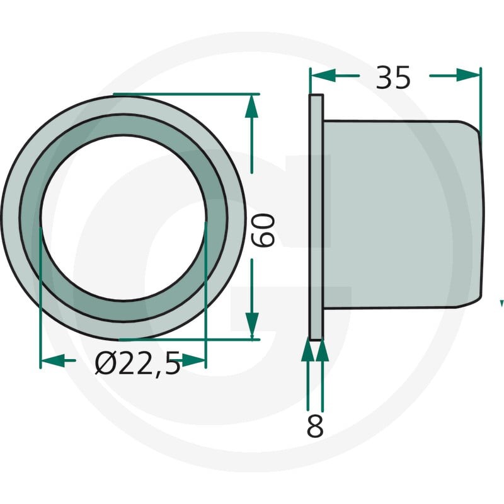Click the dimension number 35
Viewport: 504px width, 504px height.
pos(392,77)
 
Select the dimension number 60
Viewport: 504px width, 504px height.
pos(263,230)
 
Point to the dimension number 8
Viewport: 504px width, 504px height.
pos(315,426)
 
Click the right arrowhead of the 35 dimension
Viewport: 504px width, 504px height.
pos(468,76)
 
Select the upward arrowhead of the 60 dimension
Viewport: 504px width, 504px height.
pos(251,106)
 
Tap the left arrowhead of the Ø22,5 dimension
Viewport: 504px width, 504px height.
pos(53,360)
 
